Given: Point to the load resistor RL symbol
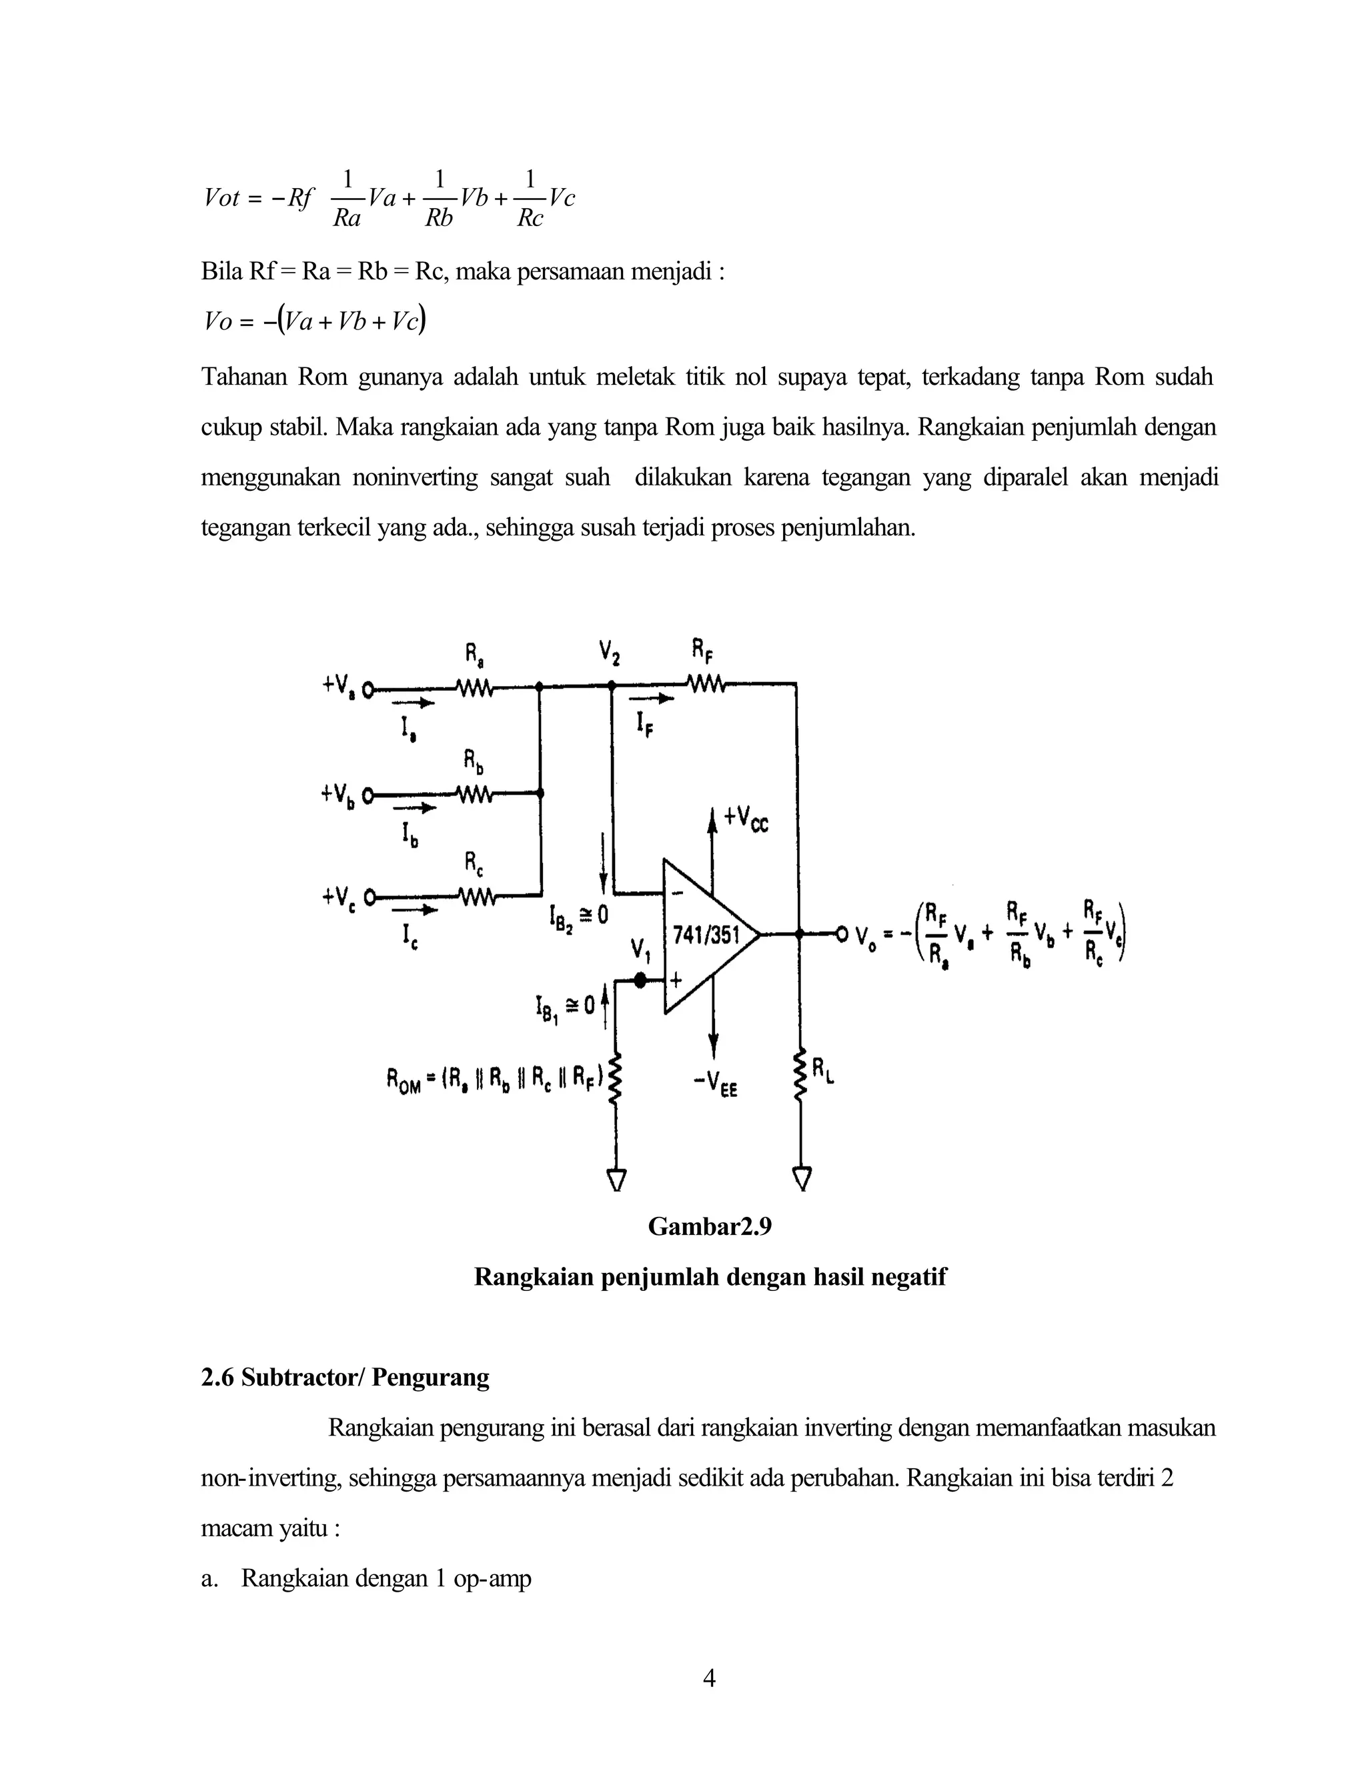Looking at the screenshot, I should pyautogui.click(x=800, y=1074).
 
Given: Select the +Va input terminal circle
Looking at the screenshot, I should pyautogui.click(x=368, y=690).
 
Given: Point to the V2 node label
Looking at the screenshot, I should pyautogui.click(x=610, y=651).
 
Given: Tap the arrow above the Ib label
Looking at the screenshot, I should pyautogui.click(x=414, y=807).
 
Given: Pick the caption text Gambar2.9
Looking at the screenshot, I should pyautogui.click(x=709, y=1226).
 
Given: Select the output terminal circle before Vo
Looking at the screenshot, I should pyautogui.click(x=842, y=936).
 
